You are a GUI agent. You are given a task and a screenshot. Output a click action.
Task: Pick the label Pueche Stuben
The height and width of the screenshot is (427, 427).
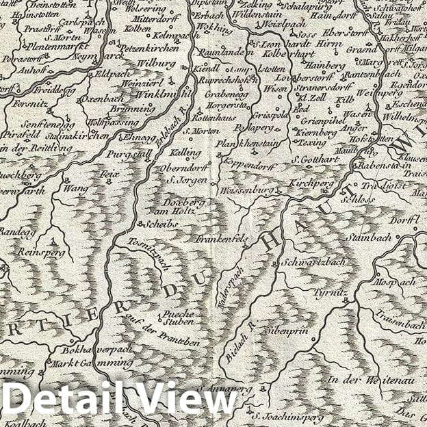179,318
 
